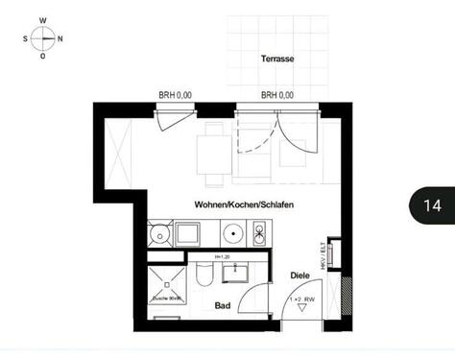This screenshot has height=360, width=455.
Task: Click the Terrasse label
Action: [x=277, y=60]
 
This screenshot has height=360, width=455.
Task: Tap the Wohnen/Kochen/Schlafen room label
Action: [x=244, y=206]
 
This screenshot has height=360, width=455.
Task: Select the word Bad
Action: [x=223, y=306]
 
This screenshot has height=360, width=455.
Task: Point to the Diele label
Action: [x=299, y=276]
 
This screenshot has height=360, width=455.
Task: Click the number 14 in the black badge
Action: [x=431, y=205]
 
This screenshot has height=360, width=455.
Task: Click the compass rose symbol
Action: [x=43, y=38]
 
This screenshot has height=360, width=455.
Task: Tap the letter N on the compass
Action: [x=60, y=39]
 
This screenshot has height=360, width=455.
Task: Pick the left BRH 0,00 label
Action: [x=176, y=95]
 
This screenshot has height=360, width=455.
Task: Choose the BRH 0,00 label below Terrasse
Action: [x=277, y=95]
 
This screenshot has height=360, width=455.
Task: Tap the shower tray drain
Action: [x=167, y=283]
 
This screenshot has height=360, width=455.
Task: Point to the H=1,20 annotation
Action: [x=222, y=258]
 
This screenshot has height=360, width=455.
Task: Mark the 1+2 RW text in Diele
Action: [x=302, y=301]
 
